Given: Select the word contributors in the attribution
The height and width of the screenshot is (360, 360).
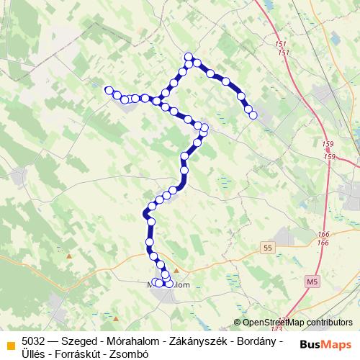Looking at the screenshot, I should pos(330,323).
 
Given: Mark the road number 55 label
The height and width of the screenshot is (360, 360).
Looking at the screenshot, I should pos(269,247).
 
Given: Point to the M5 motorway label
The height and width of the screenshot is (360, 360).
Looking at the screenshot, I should pos(311,280).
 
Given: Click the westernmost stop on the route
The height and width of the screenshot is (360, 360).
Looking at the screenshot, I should pos(109,90).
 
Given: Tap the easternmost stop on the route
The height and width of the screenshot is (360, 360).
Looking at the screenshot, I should pos(253,113).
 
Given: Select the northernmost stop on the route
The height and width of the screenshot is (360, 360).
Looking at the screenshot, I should pos(189,57).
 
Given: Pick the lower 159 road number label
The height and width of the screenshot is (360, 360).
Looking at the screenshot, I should pos(330,156).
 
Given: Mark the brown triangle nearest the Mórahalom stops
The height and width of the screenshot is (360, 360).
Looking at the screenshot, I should pos(176,271).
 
